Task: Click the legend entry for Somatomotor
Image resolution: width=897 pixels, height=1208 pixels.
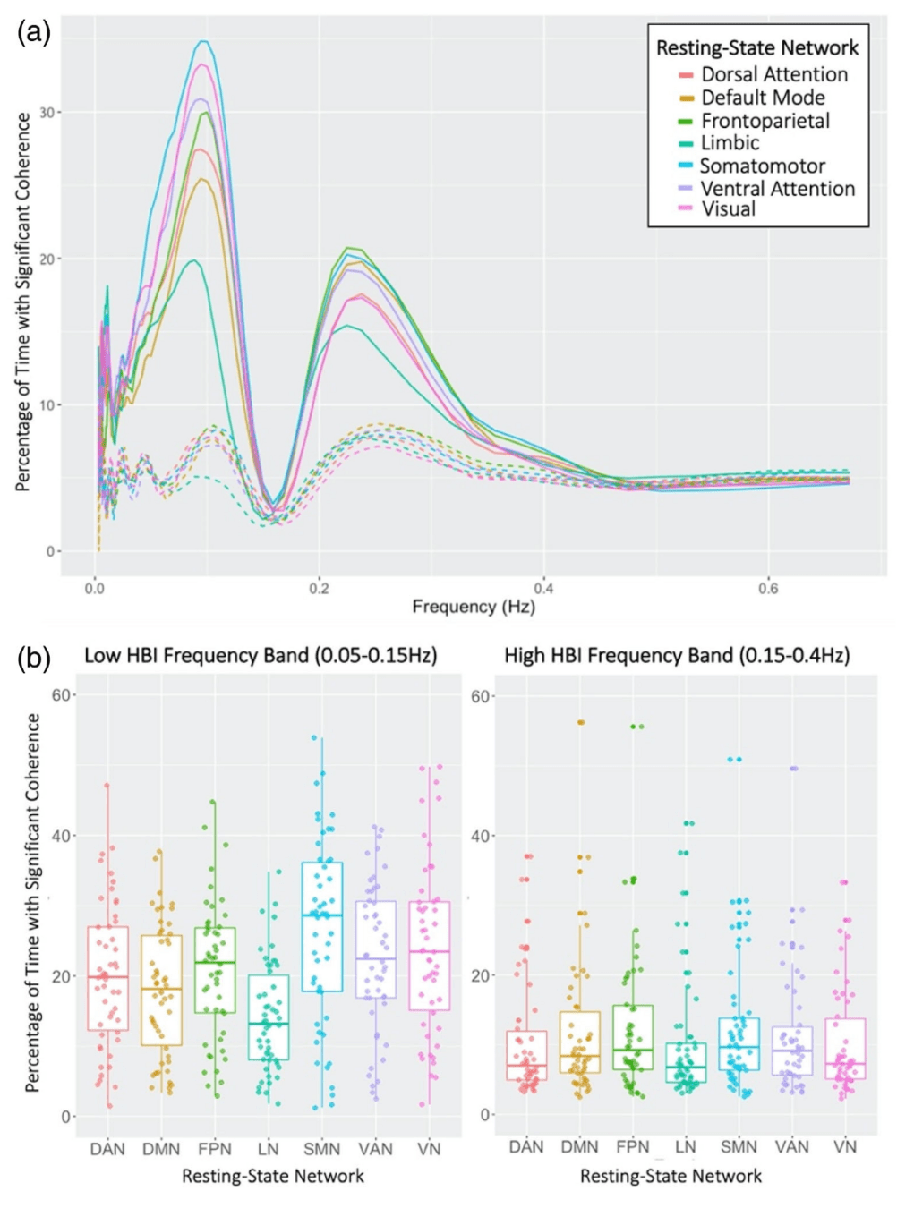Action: pos(762,166)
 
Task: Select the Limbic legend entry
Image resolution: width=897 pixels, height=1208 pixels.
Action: pos(730,143)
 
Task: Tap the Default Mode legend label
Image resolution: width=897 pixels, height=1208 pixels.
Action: pos(763,98)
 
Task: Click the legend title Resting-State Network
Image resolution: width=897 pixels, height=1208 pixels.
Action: pos(757,48)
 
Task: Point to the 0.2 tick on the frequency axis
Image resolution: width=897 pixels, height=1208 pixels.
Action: pos(319,589)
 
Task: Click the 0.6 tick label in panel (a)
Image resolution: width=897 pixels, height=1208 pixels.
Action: pos(768,589)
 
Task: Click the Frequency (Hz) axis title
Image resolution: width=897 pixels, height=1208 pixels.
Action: pos(474,608)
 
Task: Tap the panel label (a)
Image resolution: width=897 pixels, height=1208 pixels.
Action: pos(34,33)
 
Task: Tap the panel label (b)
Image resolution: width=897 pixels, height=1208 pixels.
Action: pos(34,659)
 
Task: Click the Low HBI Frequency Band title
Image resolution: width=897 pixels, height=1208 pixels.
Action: pos(261,656)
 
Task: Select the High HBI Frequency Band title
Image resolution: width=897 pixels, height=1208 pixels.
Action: pos(677,656)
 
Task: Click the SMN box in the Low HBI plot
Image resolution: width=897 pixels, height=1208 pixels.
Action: pos(322,926)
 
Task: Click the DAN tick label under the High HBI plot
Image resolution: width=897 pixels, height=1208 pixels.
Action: pos(526,1147)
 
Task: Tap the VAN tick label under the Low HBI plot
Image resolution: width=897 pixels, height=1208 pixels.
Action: pos(376,1149)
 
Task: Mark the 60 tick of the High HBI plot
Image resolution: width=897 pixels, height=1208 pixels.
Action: pos(481,697)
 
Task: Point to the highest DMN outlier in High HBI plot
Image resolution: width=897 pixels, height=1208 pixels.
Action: pos(581,722)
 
